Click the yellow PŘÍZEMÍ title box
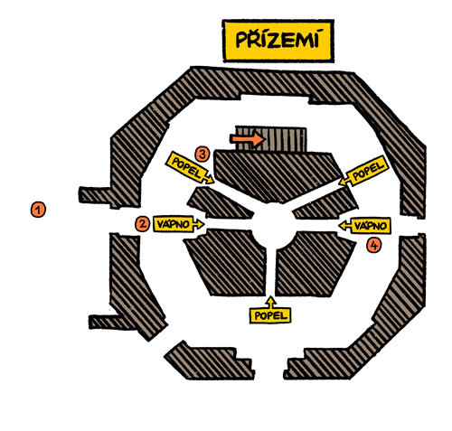(278, 41)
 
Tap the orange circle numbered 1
(38, 210)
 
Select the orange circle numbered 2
(142, 224)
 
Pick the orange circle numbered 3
(202, 155)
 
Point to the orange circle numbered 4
(373, 246)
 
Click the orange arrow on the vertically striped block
(248, 139)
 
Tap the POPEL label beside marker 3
(189, 168)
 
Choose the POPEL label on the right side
(363, 171)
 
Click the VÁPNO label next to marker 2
(178, 224)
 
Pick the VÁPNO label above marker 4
(365, 225)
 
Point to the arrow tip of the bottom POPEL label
(271, 297)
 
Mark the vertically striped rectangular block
(271, 139)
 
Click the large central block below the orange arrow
(278, 176)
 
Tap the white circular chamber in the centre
(273, 224)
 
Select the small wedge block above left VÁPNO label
(219, 203)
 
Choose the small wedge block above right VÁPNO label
(327, 205)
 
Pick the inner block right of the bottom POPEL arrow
(314, 264)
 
